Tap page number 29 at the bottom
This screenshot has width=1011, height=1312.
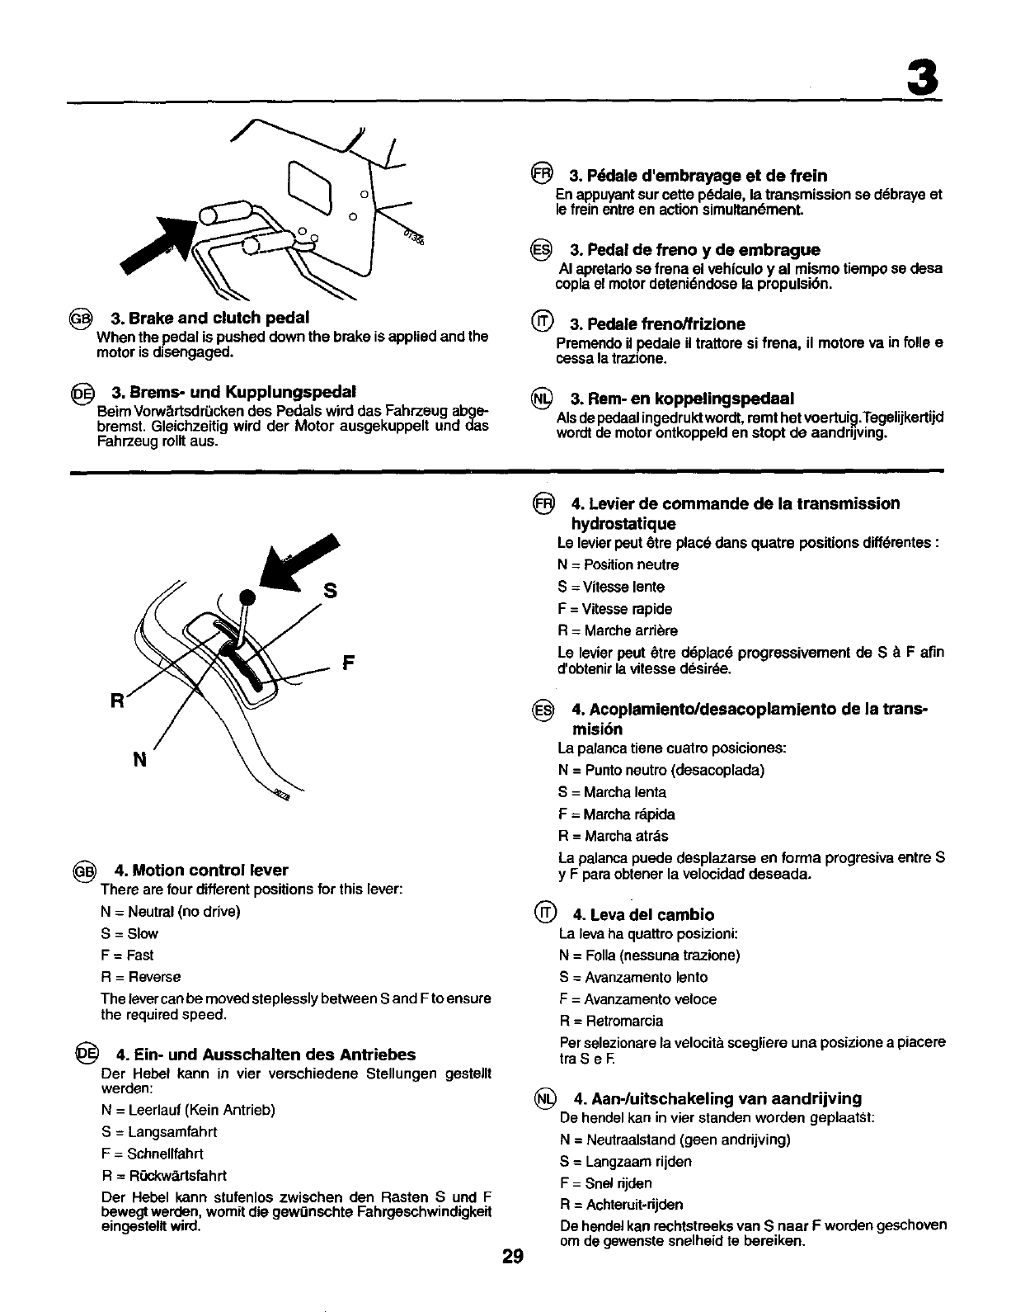click(512, 1257)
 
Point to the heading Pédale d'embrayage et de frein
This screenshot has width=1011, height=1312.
click(698, 175)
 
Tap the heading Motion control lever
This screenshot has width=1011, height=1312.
click(202, 870)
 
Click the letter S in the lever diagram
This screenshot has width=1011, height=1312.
click(330, 591)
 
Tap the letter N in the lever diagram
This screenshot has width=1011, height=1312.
click(139, 760)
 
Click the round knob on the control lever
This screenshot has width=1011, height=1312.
click(247, 596)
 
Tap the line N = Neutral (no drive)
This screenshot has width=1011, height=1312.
click(170, 912)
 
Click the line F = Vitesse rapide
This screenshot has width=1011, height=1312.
click(615, 609)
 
